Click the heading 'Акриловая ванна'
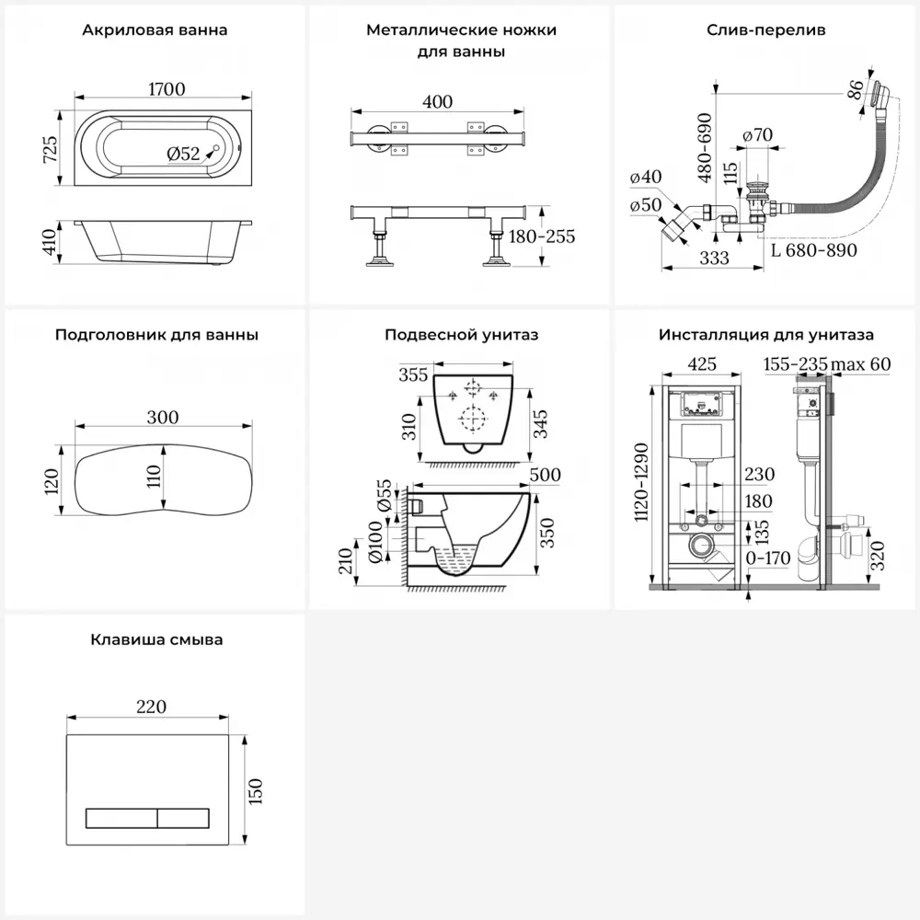tap(155, 30)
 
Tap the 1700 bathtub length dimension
tap(165, 89)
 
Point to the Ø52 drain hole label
tap(183, 155)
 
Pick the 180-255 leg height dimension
tap(542, 236)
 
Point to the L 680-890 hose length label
tap(813, 250)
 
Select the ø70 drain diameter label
tap(757, 135)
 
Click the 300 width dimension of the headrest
tap(162, 417)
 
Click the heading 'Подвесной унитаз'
tap(461, 335)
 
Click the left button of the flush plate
tap(121, 816)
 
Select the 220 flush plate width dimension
tap(151, 707)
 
